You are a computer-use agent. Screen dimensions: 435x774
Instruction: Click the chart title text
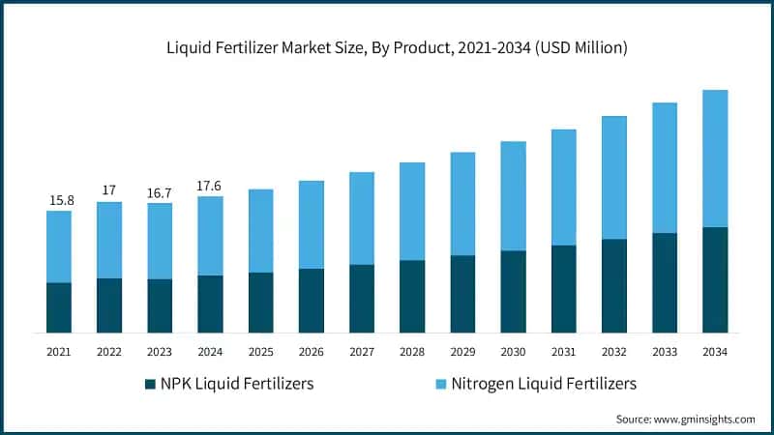coord(387,47)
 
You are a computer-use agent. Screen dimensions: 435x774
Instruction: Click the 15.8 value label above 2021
coord(59,200)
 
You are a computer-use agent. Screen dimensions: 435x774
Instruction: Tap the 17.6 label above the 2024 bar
coord(210,186)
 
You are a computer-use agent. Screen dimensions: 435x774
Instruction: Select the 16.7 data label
coord(160,192)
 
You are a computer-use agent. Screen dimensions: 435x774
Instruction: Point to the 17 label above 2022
coord(109,190)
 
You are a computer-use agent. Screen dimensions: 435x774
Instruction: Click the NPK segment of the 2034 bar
coord(715,280)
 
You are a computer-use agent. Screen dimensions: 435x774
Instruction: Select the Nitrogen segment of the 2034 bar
coord(715,159)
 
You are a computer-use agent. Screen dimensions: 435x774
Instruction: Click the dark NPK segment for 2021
coord(59,307)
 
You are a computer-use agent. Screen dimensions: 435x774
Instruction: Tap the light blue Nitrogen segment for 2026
coord(312,224)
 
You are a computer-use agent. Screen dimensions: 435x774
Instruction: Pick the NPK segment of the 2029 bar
coord(462,294)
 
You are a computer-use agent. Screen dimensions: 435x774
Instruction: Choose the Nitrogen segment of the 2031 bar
coord(564,187)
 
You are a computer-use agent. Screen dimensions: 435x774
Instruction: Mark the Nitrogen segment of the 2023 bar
coord(160,241)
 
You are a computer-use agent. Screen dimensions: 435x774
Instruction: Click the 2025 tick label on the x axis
coord(260,351)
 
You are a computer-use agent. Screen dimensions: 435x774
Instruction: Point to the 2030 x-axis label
coord(513,351)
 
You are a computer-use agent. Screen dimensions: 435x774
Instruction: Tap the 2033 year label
coord(665,351)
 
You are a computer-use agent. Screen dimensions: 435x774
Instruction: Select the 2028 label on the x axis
coord(412,351)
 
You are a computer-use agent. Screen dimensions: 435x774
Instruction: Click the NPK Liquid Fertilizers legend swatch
coord(150,384)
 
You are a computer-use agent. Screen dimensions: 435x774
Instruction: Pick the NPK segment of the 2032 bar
coord(614,285)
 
